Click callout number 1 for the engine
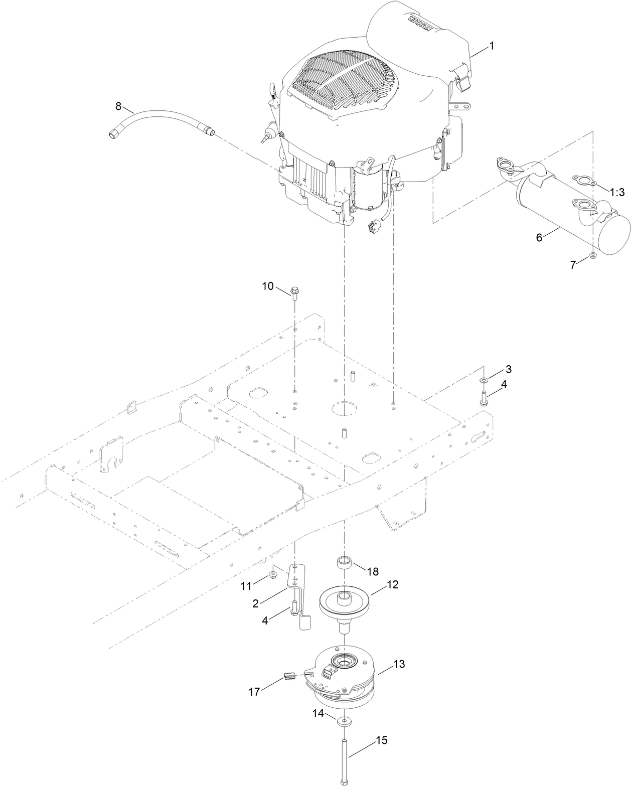pos(492,46)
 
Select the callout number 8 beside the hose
pos(118,106)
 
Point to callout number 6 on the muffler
pos(539,237)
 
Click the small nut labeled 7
pos(593,257)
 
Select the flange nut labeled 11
pos(273,574)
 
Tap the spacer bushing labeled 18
pos(344,561)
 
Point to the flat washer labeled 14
pos(344,721)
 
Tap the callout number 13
pos(398,664)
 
